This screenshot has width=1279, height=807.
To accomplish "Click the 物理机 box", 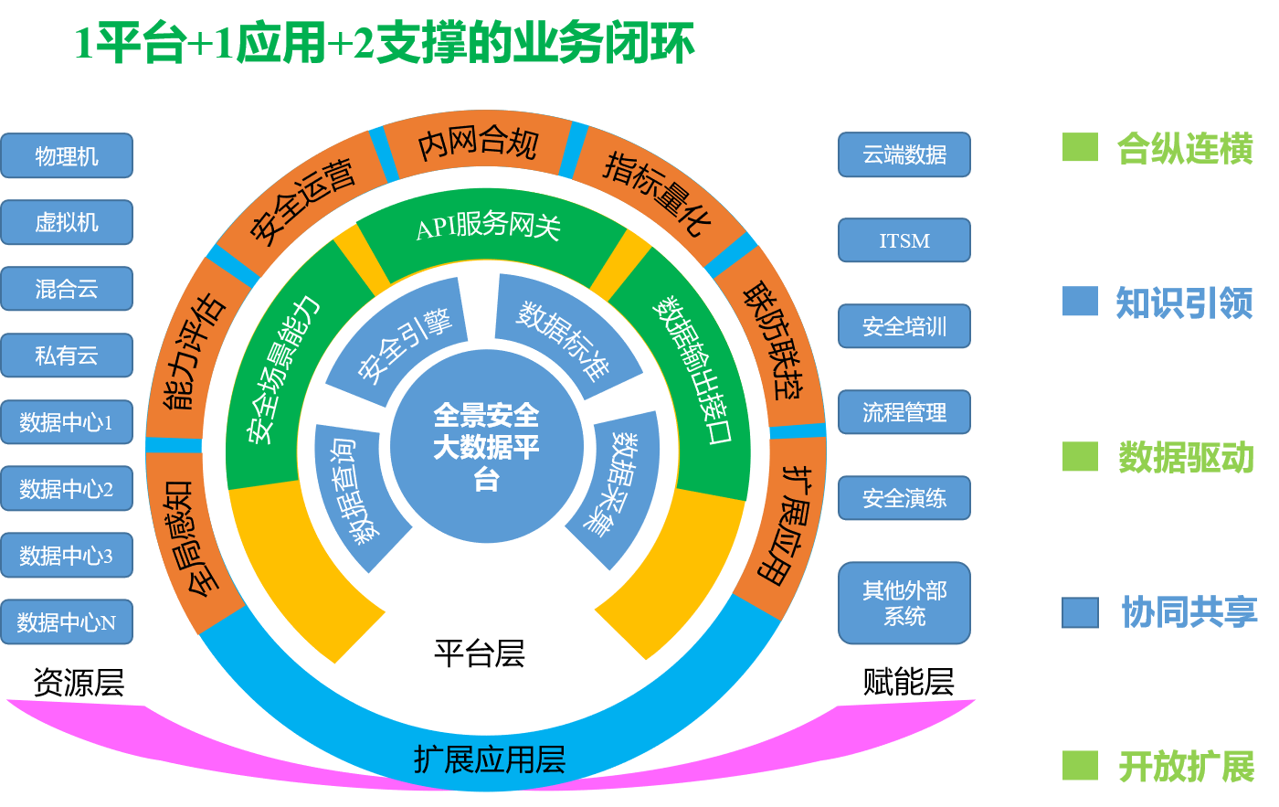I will [67, 156].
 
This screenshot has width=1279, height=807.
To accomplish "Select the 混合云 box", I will [67, 290].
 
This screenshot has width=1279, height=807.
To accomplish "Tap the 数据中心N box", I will [67, 622].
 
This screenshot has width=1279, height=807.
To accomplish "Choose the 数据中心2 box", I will [67, 489].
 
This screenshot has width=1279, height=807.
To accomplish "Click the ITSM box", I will [904, 240].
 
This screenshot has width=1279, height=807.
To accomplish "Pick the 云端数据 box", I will [904, 155].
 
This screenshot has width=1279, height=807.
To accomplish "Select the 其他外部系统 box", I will [904, 603].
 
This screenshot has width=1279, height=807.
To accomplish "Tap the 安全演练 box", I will [904, 498].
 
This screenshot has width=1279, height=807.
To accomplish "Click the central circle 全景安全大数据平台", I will [486, 447].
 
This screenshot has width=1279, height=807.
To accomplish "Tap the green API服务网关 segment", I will [488, 228].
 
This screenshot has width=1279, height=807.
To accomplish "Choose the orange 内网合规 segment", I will [477, 144].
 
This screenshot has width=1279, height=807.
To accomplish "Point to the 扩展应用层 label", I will [490, 759].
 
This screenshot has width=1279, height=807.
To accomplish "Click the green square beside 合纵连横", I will [1080, 148].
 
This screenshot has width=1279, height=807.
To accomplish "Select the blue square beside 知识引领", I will [1080, 302].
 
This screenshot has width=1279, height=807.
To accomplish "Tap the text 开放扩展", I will [1187, 767].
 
